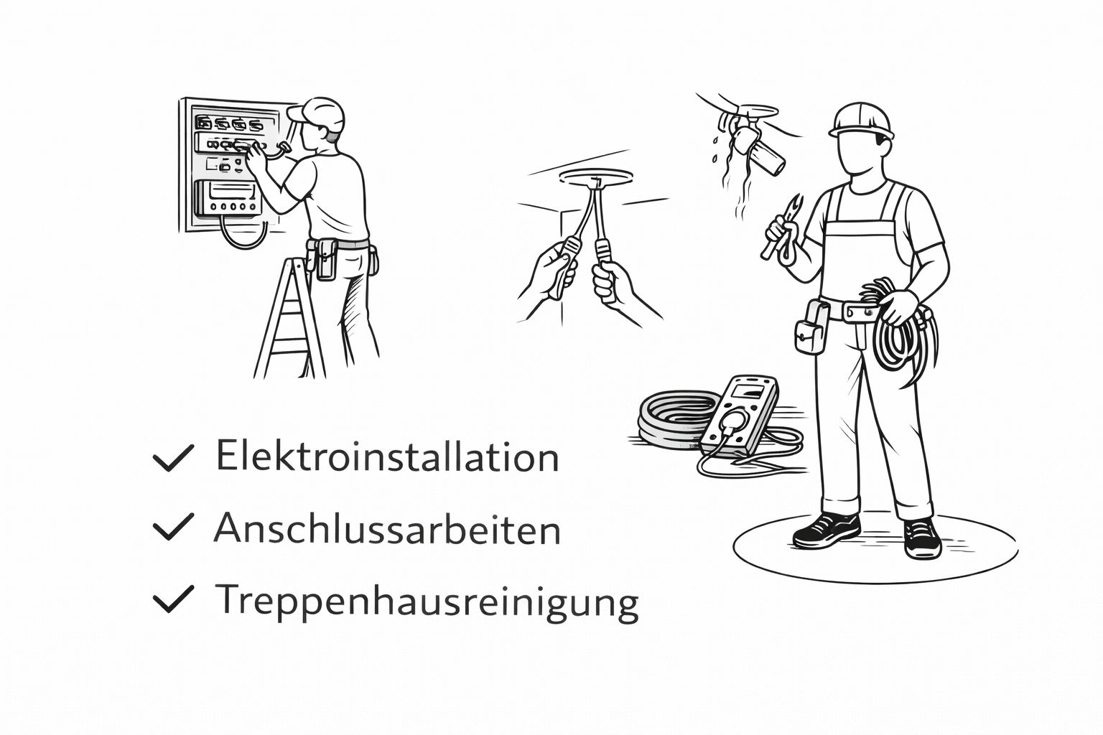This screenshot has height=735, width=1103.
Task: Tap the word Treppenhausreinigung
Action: (x=427, y=602)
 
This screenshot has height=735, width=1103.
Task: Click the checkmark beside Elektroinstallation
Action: (x=173, y=457)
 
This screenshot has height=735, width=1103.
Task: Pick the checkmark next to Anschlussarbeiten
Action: (x=173, y=526)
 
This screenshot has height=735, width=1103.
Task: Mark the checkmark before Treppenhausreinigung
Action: (x=173, y=599)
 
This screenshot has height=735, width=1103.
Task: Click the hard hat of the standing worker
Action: (x=861, y=121)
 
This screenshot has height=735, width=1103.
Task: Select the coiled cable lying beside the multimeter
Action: (x=674, y=418)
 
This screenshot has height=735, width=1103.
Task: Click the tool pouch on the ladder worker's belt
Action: (x=325, y=259)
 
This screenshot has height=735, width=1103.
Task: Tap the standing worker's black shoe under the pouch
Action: (x=827, y=530)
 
